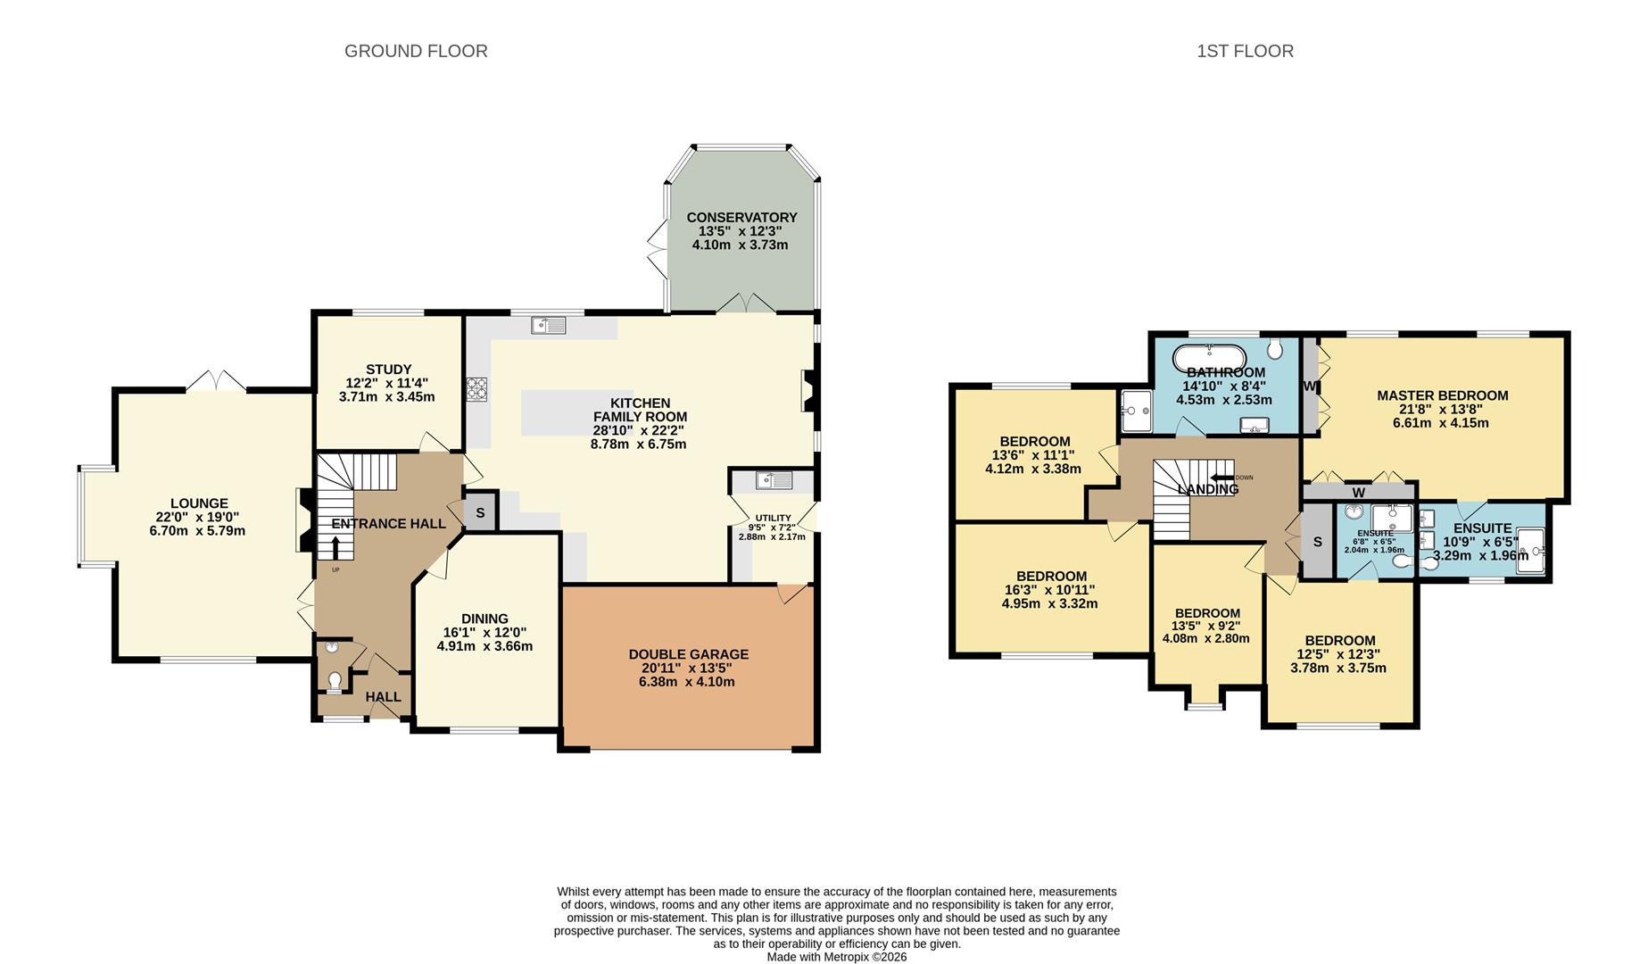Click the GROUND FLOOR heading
coord(416,51)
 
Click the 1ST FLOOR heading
coord(1245,51)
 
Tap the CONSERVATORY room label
coord(741,217)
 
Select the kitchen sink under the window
coord(549,326)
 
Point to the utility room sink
coord(774,481)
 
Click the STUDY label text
coord(388,369)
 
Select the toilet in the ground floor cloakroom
coord(335,681)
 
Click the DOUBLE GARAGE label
coord(688,654)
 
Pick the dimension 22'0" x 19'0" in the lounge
coord(197,517)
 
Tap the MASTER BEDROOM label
coord(1442,395)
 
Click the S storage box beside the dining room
coord(480,513)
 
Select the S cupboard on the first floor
coord(1317,543)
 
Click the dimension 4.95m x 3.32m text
coord(1049,603)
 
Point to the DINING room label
coord(484,619)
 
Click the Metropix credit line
coord(836,956)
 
